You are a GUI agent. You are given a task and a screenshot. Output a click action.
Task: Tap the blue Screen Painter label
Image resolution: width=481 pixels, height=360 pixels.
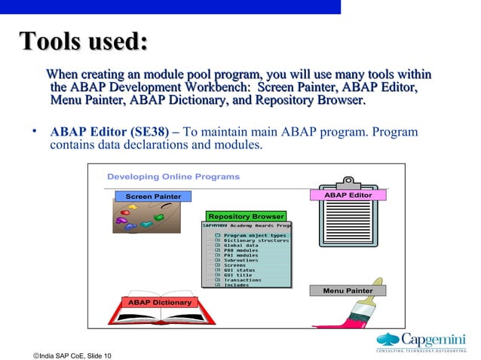point(153,197)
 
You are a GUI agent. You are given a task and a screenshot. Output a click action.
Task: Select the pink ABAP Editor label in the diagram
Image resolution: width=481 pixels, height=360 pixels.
point(348,195)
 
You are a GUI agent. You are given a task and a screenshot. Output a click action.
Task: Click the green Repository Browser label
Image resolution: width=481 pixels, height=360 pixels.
point(246,216)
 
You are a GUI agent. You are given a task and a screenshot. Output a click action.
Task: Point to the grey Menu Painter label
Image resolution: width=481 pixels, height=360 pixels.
point(348,290)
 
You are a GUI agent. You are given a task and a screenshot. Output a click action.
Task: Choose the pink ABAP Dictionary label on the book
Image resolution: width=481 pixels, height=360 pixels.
point(158,302)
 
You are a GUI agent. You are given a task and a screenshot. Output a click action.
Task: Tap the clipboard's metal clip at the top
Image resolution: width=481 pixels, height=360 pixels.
point(348,182)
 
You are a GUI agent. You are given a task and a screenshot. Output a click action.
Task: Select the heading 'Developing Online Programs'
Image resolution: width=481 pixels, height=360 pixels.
point(173,177)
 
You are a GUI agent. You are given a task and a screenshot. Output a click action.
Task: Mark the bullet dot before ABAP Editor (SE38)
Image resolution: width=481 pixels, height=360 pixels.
point(35,131)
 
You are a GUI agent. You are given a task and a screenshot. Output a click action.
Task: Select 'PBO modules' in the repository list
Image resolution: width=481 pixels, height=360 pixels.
point(242,250)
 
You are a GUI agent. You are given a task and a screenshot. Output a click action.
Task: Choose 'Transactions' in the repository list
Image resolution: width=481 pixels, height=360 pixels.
point(243,279)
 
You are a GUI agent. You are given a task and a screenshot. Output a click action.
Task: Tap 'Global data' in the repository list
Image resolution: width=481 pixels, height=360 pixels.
point(240,245)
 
